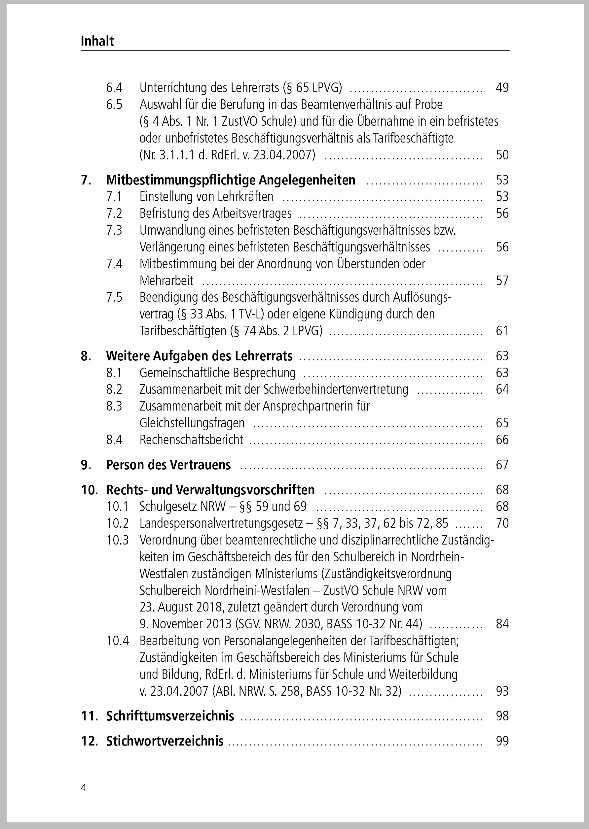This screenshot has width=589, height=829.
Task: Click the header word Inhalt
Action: (97, 41)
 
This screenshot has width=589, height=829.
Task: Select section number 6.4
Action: (114, 87)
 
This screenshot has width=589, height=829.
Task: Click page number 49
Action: (502, 87)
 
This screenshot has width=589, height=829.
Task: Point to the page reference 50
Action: (502, 155)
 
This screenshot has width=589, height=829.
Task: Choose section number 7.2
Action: (114, 214)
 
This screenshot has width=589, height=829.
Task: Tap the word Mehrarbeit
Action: (166, 281)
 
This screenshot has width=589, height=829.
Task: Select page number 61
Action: (502, 331)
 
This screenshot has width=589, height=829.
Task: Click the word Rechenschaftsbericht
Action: (192, 440)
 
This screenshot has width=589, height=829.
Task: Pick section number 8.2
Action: (114, 389)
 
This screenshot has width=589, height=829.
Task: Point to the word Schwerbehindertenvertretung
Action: (336, 389)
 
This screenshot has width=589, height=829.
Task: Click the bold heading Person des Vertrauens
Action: (168, 465)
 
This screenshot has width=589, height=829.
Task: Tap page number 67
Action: (502, 465)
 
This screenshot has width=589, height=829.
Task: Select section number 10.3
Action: (118, 540)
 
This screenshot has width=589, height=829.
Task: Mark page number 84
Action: (502, 624)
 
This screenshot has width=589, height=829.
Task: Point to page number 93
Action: (502, 691)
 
